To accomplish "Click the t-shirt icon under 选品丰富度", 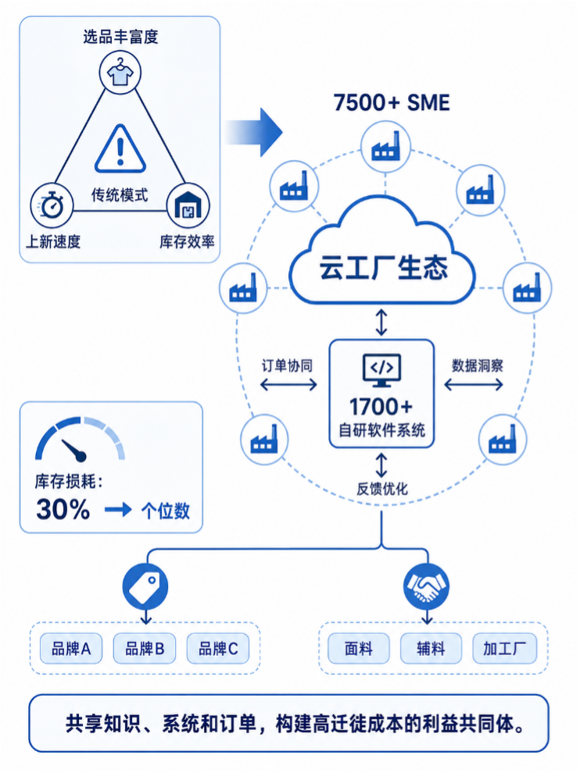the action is [x=120, y=72].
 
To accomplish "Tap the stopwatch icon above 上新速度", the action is [x=52, y=205].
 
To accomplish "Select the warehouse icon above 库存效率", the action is [x=188, y=205].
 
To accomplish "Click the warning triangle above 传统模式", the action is [x=120, y=148].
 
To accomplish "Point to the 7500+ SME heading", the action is [x=392, y=102].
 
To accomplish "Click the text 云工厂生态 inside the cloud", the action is [x=384, y=268].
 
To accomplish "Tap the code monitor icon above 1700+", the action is [x=381, y=370].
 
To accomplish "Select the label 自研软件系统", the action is [x=381, y=430].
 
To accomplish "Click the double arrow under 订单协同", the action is [x=288, y=384].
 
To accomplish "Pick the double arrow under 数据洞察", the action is [x=474, y=384].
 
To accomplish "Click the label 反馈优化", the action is [x=382, y=489].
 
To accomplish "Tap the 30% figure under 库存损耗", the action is [x=63, y=509].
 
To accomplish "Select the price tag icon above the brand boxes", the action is [x=145, y=586].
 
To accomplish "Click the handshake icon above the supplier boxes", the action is [x=426, y=586].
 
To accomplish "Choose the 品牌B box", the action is [x=144, y=648].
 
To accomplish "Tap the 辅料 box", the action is [x=431, y=648].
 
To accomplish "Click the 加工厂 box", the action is [x=504, y=648].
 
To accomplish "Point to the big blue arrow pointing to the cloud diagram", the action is [x=254, y=132].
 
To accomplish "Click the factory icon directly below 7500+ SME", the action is [x=385, y=147].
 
